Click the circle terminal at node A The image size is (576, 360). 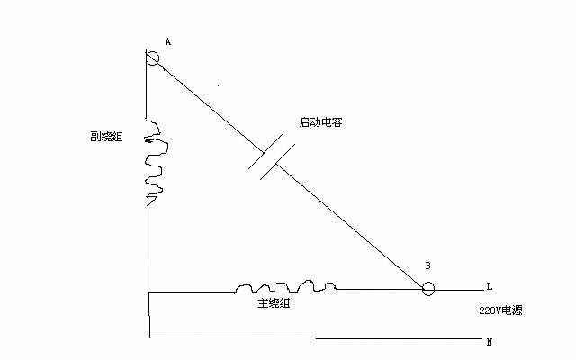click(x=152, y=58)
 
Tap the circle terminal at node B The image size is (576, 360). click(x=428, y=289)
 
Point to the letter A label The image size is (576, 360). click(x=168, y=42)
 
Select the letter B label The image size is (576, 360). click(x=427, y=266)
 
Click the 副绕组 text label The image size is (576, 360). click(x=107, y=138)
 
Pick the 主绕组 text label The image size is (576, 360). click(x=274, y=304)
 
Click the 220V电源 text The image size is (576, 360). click(x=502, y=310)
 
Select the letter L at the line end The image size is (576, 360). click(x=489, y=287)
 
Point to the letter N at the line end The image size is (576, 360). click(x=489, y=343)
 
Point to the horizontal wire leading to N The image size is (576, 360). click(x=315, y=338)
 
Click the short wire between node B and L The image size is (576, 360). click(x=459, y=290)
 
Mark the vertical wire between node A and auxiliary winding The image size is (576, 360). click(x=147, y=90)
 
